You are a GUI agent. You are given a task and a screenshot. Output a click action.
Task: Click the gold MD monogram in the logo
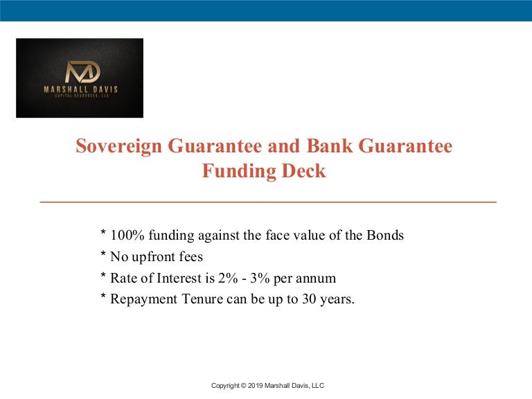(x=82, y=72)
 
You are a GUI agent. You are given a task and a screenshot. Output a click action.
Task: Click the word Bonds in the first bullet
(x=384, y=236)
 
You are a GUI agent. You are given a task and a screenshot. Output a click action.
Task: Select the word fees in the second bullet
(x=191, y=257)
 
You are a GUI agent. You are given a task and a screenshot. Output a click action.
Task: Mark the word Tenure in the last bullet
(x=197, y=300)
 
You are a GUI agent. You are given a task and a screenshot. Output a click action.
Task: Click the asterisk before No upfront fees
(x=104, y=256)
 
